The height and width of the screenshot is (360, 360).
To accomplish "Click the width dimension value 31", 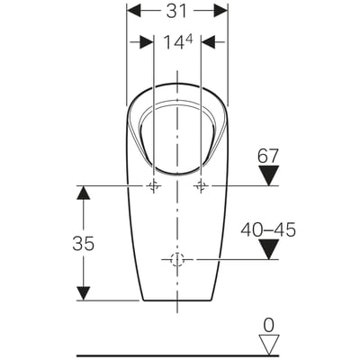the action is (x=176, y=12).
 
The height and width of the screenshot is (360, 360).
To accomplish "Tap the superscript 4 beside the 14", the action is (x=189, y=39).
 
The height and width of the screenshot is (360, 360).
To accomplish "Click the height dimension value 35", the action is (x=83, y=243).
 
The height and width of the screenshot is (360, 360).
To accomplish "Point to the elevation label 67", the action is (x=268, y=156).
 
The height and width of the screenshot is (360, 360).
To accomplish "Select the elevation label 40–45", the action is (x=268, y=229).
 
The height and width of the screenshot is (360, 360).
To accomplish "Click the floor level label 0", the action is (x=268, y=326).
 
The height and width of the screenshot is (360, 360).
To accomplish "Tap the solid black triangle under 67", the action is (x=268, y=175).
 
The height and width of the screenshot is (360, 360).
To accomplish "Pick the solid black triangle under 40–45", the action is (x=268, y=249).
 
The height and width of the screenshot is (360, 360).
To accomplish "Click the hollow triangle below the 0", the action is (x=268, y=345).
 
